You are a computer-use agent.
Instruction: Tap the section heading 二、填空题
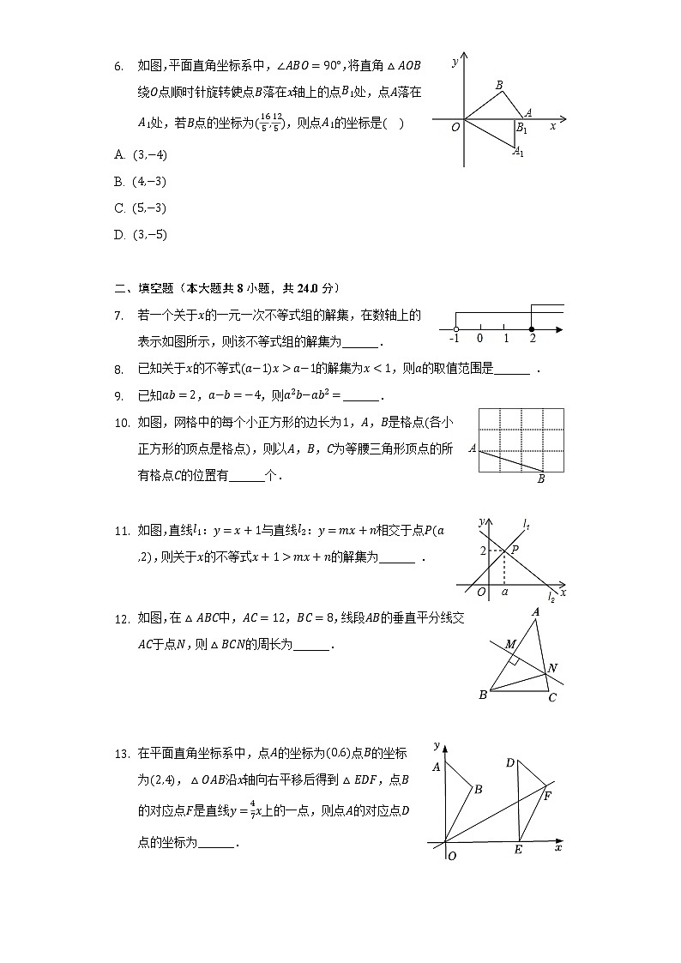click(147, 288)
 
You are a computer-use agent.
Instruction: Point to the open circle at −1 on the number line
click(455, 329)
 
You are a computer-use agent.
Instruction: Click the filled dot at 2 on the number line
click(532, 329)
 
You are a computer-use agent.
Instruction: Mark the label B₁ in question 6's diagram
click(521, 129)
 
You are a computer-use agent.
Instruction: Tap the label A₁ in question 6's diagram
click(518, 152)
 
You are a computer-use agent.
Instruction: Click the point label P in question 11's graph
click(515, 549)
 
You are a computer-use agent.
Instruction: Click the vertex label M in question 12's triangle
click(510, 644)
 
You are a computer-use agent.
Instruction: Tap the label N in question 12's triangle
click(552, 668)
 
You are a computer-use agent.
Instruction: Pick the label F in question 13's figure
click(547, 794)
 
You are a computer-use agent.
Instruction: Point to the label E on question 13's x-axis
click(518, 850)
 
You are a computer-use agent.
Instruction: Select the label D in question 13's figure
click(509, 762)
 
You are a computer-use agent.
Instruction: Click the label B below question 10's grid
click(541, 479)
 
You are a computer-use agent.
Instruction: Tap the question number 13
click(121, 754)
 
